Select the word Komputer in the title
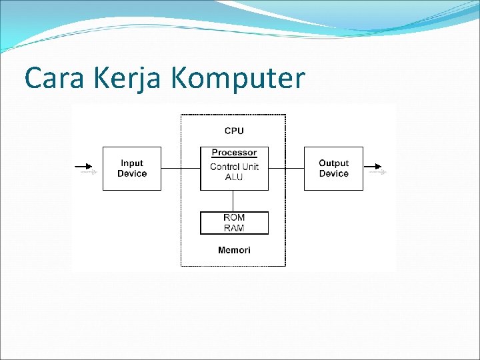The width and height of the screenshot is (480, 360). pos(238,79)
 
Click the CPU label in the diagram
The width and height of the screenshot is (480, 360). pos(234,131)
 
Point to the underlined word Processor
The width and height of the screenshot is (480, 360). pos(234,153)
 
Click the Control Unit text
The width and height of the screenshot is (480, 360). pos(234,167)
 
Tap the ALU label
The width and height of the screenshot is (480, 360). pos(234,177)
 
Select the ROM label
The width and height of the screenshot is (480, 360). pos(234,218)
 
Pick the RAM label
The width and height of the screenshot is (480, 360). pos(234,228)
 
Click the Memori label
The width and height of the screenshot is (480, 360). pos(234,250)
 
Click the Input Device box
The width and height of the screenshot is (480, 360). pos(132,169)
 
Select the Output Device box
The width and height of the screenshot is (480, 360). pos(333,169)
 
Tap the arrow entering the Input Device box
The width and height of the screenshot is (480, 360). pos(86,169)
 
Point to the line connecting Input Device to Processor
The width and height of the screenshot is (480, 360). pos(181,169)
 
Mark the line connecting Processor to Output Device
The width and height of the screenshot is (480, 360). pos(286,169)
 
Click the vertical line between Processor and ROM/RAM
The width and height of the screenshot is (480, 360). pos(233,201)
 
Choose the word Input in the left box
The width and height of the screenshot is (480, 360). pos(132,163)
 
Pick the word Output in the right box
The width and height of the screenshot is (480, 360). pos(333,163)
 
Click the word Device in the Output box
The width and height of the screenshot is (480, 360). pos(333,174)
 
